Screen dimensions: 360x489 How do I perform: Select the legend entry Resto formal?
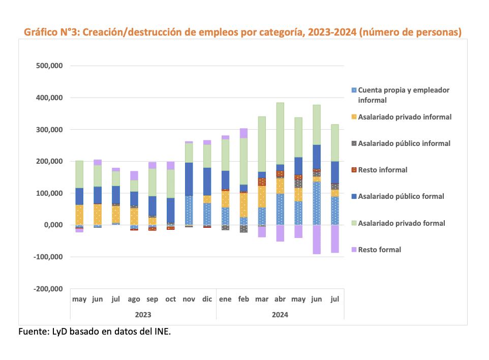(379, 250)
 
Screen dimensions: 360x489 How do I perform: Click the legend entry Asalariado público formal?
(401, 196)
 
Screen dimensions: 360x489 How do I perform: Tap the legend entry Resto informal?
(382, 170)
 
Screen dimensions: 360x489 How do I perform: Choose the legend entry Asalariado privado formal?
(402, 223)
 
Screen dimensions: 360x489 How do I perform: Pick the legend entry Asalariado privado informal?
(405, 117)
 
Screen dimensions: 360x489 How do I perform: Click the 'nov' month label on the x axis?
(189, 299)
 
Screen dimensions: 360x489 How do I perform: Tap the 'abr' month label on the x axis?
(280, 299)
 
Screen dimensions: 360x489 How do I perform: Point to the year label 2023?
(143, 315)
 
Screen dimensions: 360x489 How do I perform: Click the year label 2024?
(280, 315)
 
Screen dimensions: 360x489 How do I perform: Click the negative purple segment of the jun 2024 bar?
(317, 239)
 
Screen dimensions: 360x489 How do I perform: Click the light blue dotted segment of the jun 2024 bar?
(317, 203)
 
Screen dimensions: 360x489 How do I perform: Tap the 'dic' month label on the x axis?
(207, 299)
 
